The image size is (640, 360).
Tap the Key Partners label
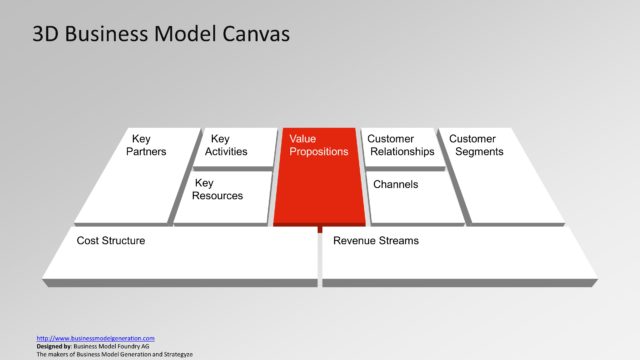click(x=146, y=145)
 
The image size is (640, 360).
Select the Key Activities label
click(x=226, y=145)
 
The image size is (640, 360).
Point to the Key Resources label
click(x=217, y=189)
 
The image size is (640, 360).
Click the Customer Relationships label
click(x=401, y=145)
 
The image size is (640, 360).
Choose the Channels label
click(x=394, y=185)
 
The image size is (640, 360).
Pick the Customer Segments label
click(x=476, y=145)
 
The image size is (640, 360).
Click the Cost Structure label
click(x=111, y=241)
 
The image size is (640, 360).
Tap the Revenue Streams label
click(x=376, y=241)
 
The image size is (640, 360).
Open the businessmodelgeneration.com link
click(x=95, y=338)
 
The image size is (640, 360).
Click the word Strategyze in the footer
click(x=175, y=354)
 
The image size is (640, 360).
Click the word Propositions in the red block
click(x=318, y=152)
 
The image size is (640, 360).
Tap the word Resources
click(x=219, y=196)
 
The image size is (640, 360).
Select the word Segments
click(x=480, y=152)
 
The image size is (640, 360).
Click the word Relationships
click(x=401, y=152)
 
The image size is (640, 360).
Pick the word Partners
click(x=146, y=152)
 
